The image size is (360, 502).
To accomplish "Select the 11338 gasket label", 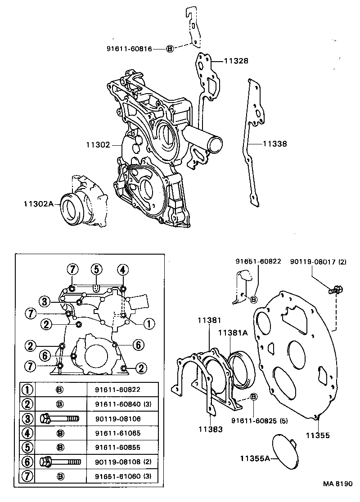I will click(274, 144).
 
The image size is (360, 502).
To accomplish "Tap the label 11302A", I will click(39, 204).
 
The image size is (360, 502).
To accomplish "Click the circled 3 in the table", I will click(28, 419).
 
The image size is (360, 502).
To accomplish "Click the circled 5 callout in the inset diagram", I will click(96, 269).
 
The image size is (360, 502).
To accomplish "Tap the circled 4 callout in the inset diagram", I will click(122, 269).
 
